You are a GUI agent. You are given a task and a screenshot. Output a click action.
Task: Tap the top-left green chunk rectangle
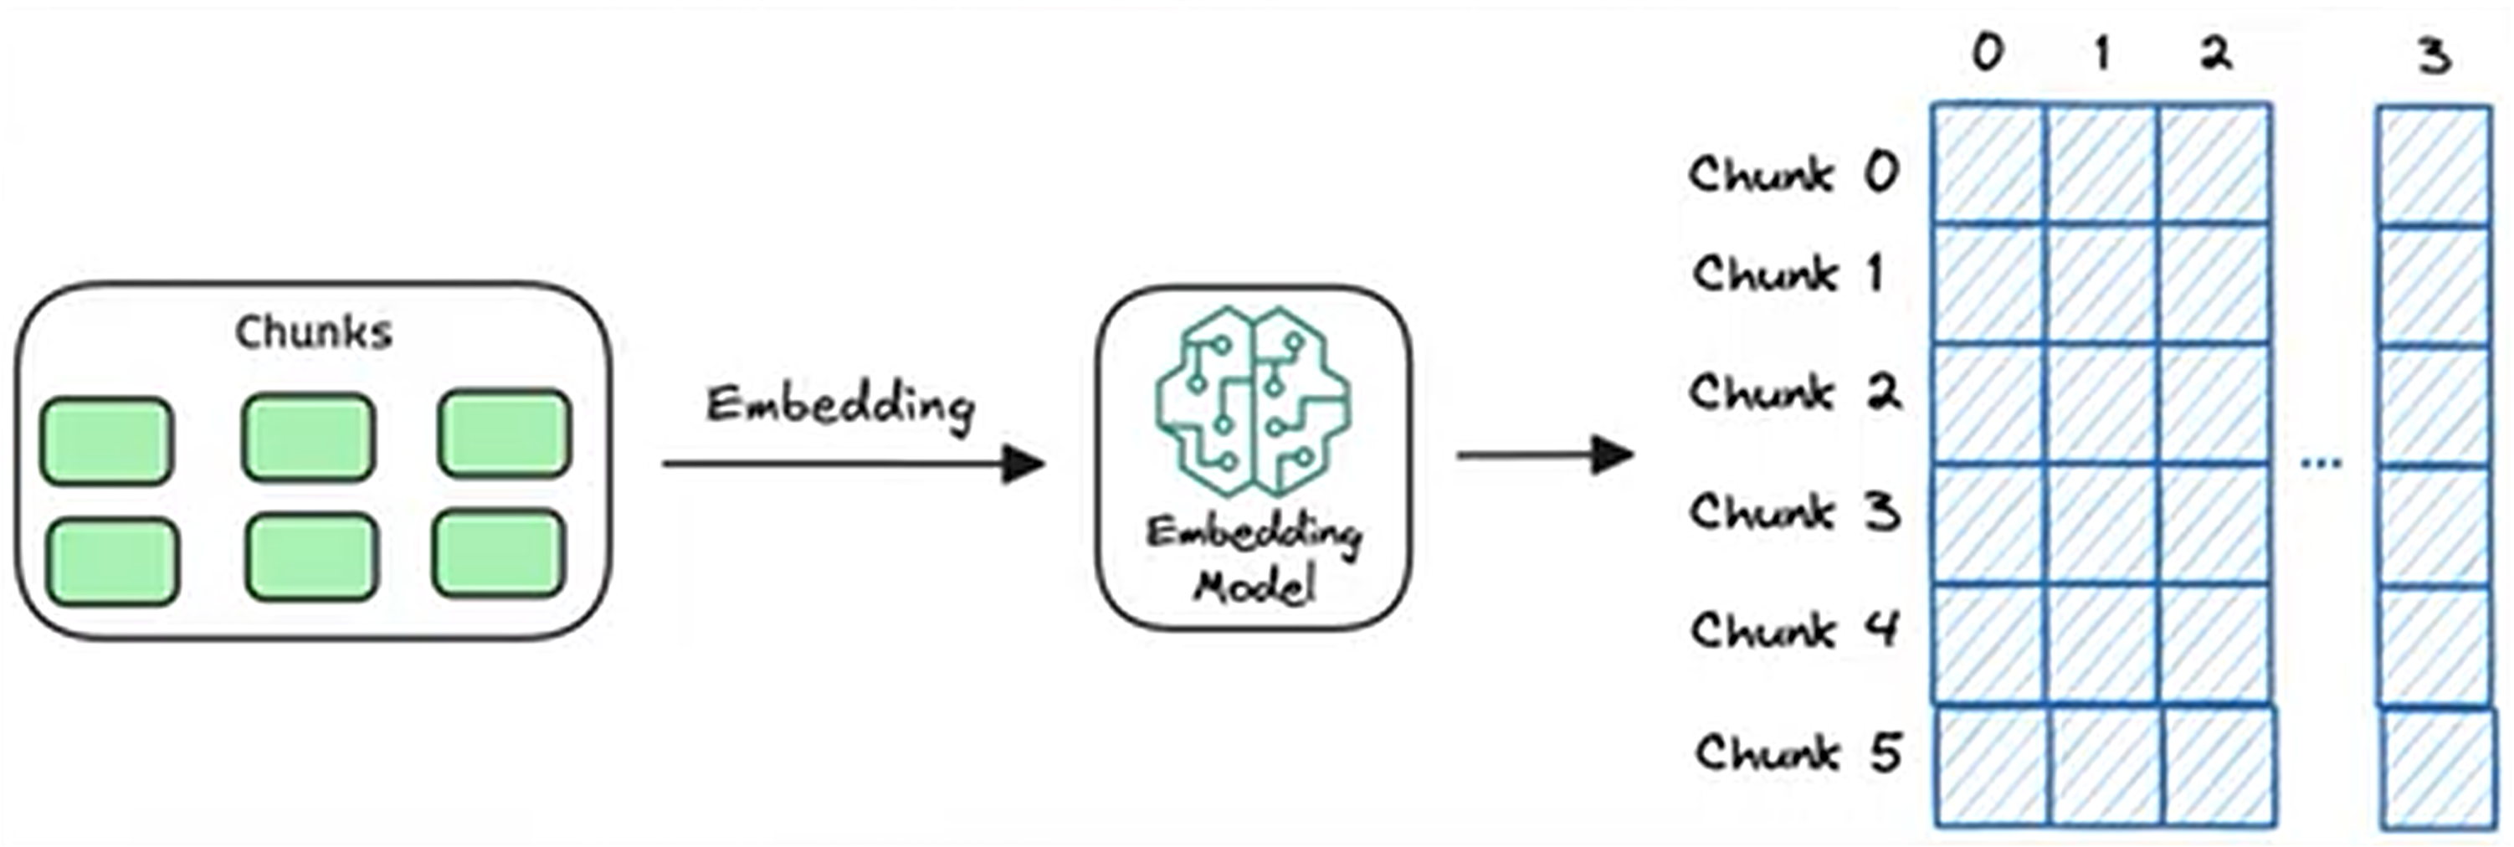pos(106,440)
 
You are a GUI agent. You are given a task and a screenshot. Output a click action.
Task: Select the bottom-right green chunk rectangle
pos(500,553)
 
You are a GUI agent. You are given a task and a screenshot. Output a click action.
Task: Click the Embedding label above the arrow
pos(840,404)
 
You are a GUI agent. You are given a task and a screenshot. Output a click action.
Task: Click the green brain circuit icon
pos(1253,401)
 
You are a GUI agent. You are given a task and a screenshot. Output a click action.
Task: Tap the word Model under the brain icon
pos(1255,586)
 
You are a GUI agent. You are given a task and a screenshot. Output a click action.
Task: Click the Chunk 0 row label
pos(1793,174)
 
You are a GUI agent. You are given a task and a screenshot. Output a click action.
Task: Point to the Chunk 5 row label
pos(1798,752)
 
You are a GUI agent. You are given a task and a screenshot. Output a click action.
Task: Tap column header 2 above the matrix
pos(2215,53)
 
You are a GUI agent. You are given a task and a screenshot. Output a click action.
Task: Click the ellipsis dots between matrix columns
pos(2322,464)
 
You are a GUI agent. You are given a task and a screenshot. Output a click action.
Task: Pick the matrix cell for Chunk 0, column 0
pos(1990,165)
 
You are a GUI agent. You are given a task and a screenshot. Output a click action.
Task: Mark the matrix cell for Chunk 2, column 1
pos(2102,404)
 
